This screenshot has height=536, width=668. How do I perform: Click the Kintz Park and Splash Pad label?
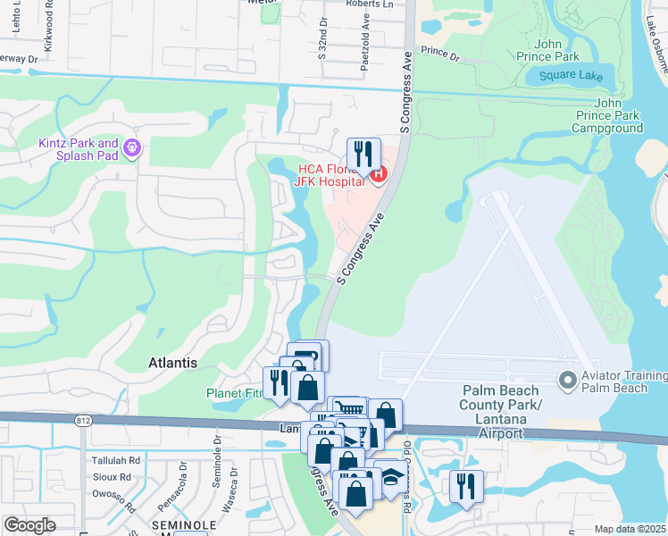pyautogui.click(x=79, y=148)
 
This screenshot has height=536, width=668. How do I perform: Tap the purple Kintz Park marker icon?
pyautogui.click(x=132, y=147)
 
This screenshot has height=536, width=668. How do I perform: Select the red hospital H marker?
pyautogui.click(x=378, y=173)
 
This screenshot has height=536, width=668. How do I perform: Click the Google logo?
pyautogui.click(x=30, y=524)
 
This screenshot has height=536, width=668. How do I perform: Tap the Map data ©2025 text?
pyautogui.click(x=630, y=529)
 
